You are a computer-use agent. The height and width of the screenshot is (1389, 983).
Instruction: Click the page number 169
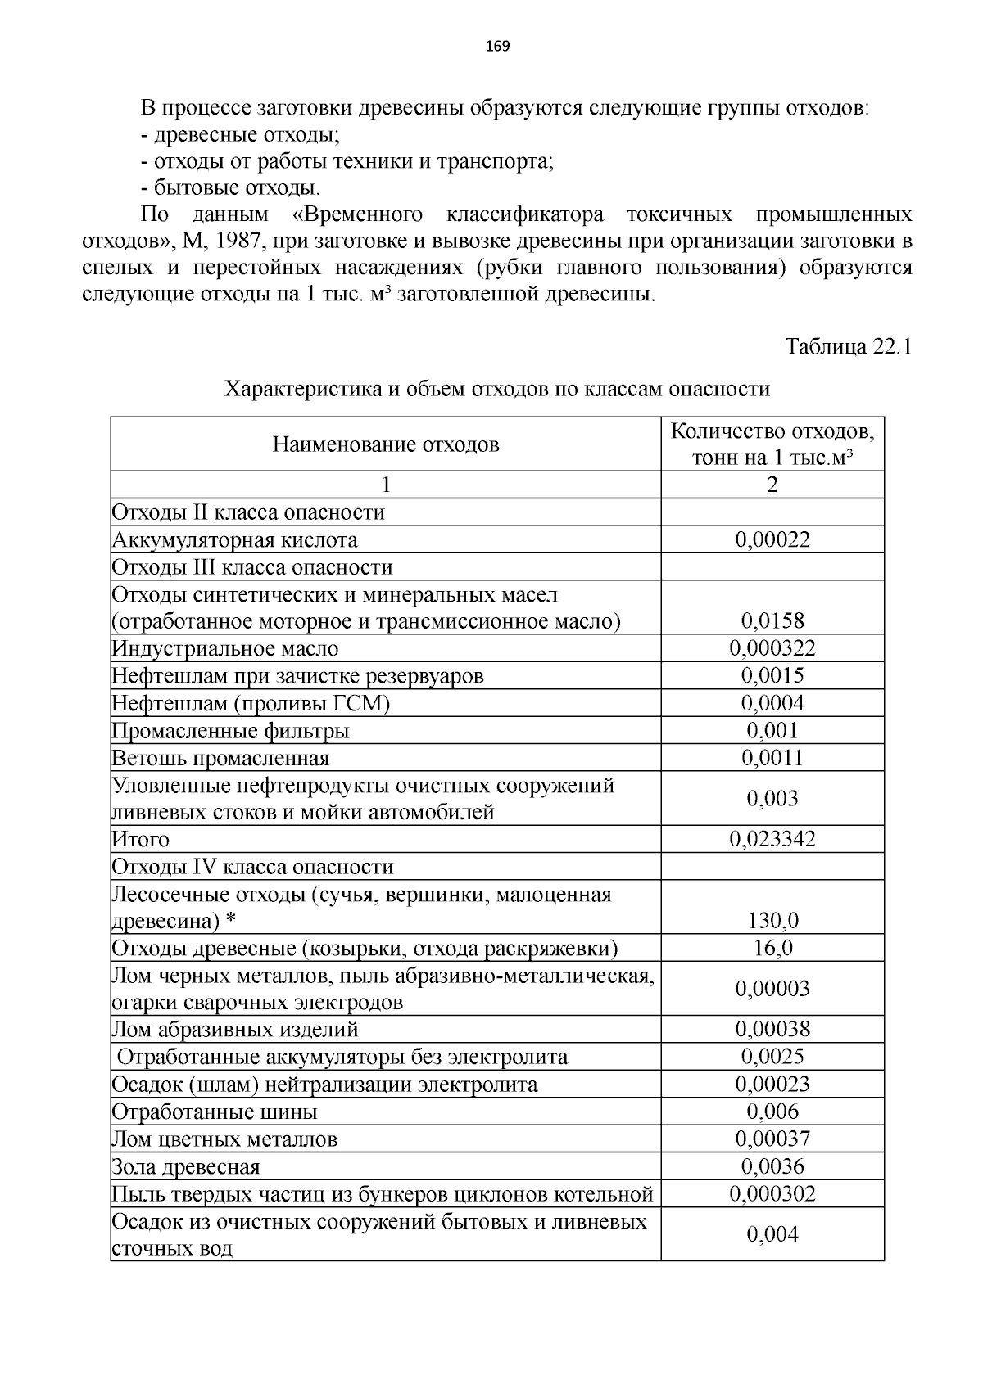pyautogui.click(x=497, y=46)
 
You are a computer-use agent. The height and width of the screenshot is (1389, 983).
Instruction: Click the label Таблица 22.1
pyautogui.click(x=849, y=346)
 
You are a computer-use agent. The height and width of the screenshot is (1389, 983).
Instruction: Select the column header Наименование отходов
pyautogui.click(x=385, y=444)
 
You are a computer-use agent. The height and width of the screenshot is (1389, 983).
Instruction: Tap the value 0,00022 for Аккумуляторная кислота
pyautogui.click(x=772, y=539)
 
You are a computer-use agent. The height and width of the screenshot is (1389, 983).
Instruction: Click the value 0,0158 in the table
pyautogui.click(x=772, y=621)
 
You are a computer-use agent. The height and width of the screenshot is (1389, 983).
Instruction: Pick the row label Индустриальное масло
pyautogui.click(x=225, y=649)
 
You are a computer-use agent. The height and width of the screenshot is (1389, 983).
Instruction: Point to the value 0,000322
pyautogui.click(x=772, y=649)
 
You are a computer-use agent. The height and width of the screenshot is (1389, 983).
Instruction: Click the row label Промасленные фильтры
pyautogui.click(x=231, y=731)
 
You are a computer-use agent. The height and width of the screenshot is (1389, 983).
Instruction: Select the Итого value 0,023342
pyautogui.click(x=772, y=840)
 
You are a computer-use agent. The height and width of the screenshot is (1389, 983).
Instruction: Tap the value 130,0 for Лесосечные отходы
pyautogui.click(x=772, y=922)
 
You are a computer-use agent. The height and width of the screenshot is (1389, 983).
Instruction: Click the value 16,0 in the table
pyautogui.click(x=772, y=949)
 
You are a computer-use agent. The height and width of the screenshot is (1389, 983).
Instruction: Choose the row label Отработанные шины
pyautogui.click(x=215, y=1112)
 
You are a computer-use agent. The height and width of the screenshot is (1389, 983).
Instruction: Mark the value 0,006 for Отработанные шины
pyautogui.click(x=772, y=1112)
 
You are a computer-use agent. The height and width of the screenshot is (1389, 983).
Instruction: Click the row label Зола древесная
pyautogui.click(x=186, y=1167)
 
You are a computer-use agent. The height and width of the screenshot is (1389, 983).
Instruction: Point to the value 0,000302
pyautogui.click(x=772, y=1194)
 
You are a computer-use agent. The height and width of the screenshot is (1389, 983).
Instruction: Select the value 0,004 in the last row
pyautogui.click(x=772, y=1234)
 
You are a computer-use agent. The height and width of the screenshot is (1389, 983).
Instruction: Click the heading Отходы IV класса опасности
pyautogui.click(x=252, y=867)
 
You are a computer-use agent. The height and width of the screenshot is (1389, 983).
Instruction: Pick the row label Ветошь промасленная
pyautogui.click(x=220, y=758)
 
